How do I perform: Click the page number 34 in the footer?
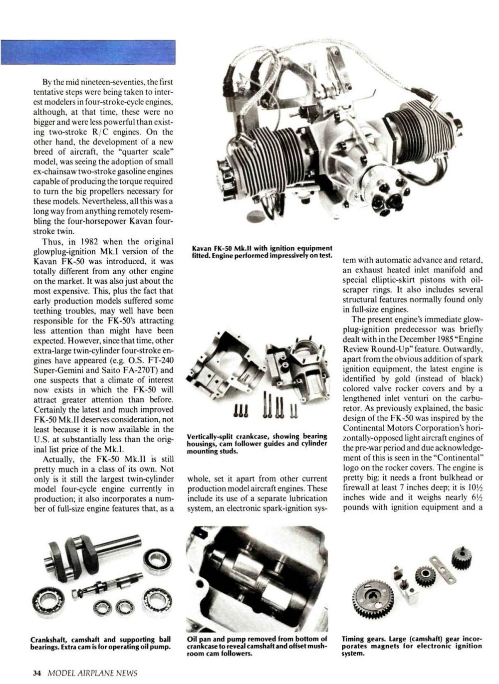[36, 672]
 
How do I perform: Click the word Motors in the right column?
[402, 428]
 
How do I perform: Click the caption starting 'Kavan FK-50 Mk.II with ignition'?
[262, 251]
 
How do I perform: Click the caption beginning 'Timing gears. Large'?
[412, 646]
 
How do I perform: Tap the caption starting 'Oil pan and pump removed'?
[257, 646]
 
